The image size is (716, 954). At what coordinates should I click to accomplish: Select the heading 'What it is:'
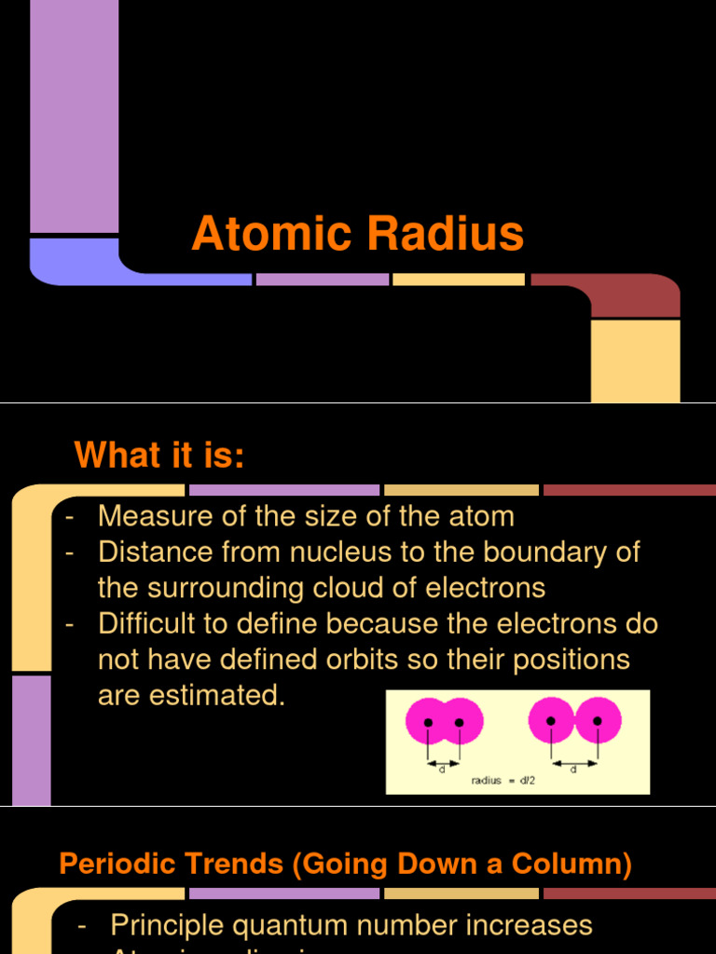pos(159,456)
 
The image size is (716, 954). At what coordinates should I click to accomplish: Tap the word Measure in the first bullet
pos(154,516)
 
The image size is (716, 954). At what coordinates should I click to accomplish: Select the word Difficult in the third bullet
pos(154,624)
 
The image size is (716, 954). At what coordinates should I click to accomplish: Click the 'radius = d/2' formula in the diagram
pos(502,781)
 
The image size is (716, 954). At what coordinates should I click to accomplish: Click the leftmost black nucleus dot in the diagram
pos(428,722)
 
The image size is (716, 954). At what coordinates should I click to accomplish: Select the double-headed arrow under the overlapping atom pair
pos(443,762)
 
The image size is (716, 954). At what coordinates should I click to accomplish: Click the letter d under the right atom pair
pos(572,770)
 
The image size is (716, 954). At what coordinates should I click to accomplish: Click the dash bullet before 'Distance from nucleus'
pos(70,552)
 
